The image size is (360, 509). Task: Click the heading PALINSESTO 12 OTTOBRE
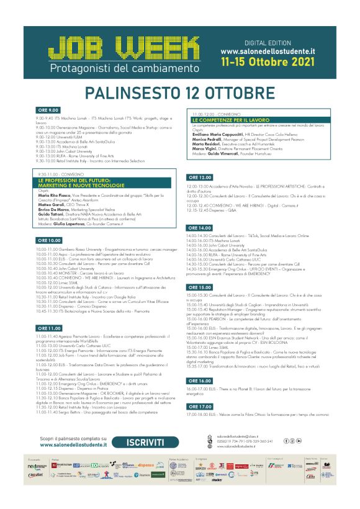coord(179,93)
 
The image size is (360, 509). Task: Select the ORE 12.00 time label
coord(200,178)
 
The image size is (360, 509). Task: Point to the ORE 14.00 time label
coord(200,228)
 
